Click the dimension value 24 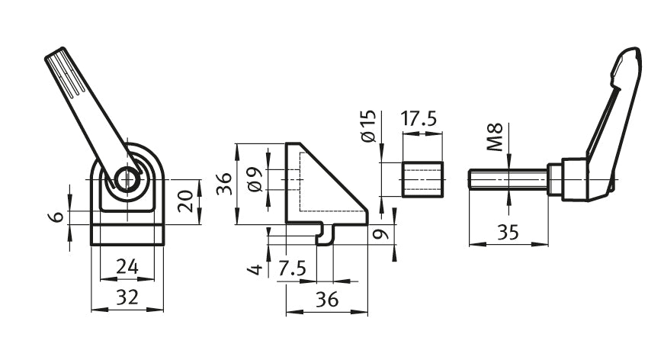pyautogui.click(x=127, y=267)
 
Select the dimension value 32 pyautogui.click(x=127, y=297)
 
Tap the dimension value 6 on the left pyautogui.click(x=56, y=217)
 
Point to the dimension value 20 pyautogui.click(x=184, y=201)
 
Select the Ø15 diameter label pyautogui.click(x=367, y=126)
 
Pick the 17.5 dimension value pyautogui.click(x=420, y=119)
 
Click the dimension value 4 pyautogui.click(x=255, y=268)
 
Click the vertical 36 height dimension pyautogui.click(x=223, y=183)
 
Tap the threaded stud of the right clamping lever pyautogui.click(x=507, y=180)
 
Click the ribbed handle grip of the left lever pyautogui.click(x=73, y=80)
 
